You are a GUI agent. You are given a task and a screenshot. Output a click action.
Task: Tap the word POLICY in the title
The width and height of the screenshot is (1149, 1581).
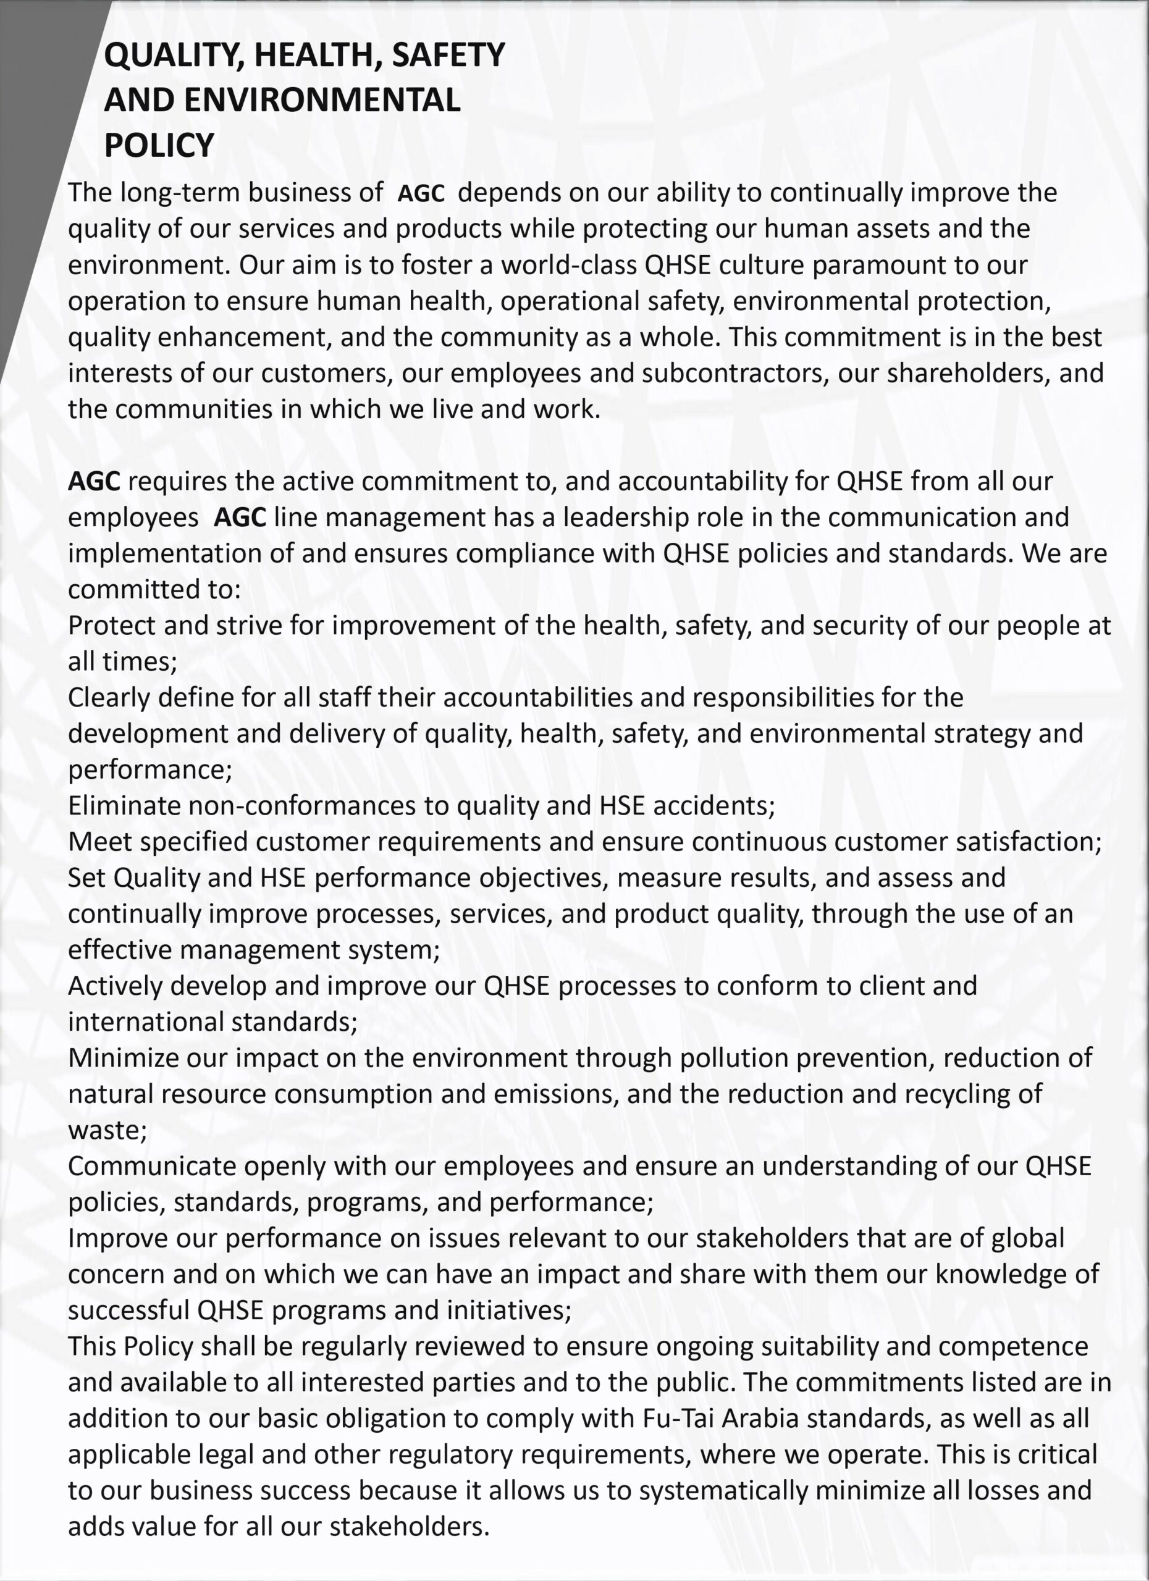coord(159,145)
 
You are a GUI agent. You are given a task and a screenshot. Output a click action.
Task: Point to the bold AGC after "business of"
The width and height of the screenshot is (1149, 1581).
coord(421,193)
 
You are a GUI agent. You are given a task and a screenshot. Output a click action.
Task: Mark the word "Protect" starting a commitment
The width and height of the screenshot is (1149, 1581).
coord(112,625)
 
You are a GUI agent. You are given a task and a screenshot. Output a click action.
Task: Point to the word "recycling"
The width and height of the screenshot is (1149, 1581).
coord(966,1094)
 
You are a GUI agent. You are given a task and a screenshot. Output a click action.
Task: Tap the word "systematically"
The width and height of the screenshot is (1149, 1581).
coord(723,1490)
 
